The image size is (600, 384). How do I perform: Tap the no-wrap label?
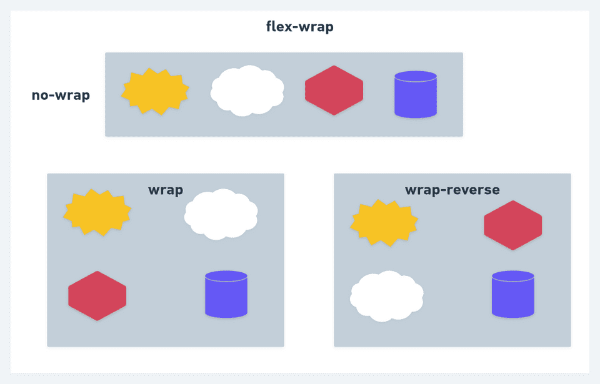tap(61, 96)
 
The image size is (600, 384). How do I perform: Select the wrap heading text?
tap(166, 190)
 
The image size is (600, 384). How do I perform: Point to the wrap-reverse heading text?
tap(452, 190)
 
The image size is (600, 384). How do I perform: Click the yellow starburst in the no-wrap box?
tap(155, 91)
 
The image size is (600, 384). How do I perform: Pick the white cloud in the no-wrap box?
tap(247, 91)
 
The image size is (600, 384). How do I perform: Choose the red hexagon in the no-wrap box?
tap(334, 91)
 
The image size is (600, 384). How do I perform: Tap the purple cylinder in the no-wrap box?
tap(416, 95)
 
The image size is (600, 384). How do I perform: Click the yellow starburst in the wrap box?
tap(97, 213)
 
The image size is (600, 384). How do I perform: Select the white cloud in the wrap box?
tap(221, 215)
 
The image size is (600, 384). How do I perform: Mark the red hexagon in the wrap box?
tap(97, 296)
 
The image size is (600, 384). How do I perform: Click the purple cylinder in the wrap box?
tap(226, 295)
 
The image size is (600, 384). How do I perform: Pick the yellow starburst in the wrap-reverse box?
tap(384, 223)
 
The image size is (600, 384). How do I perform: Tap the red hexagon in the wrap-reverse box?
tap(512, 225)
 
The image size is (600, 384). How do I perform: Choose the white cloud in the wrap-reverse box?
tap(387, 297)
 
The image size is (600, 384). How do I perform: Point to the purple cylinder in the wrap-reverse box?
tap(512, 295)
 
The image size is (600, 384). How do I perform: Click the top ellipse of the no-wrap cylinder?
tap(416, 76)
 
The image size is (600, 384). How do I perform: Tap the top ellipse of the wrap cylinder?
tap(226, 276)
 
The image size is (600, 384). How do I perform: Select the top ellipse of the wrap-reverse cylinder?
tap(512, 276)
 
